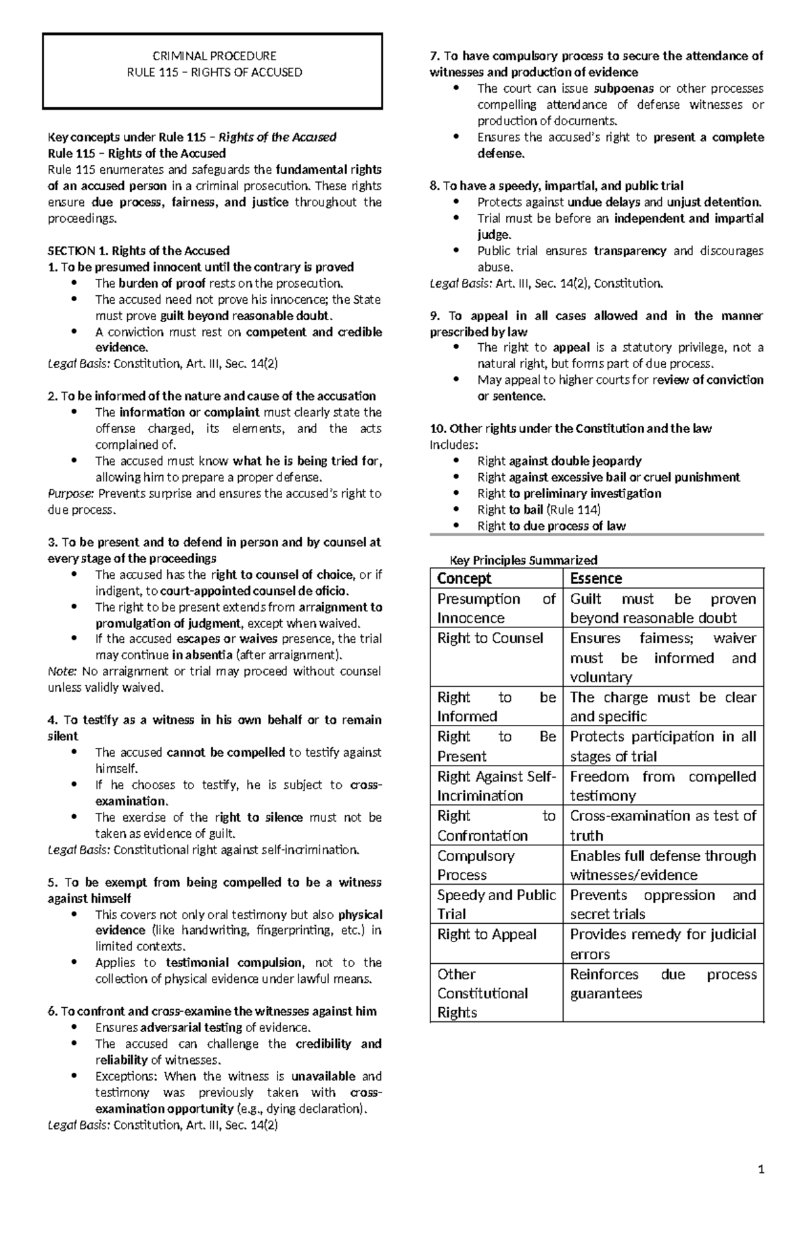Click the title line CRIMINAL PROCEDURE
coord(215,56)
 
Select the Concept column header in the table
coord(464,578)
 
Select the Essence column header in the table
coord(595,578)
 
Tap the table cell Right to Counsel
coord(490,638)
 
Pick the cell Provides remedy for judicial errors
coord(662,944)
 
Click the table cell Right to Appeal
coord(487,934)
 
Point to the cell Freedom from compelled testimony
coord(662,785)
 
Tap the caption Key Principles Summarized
coord(524,560)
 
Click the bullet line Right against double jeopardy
coord(559,461)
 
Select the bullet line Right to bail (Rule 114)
coord(539,510)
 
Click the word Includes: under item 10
coord(453,445)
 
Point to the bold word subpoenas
coord(623,89)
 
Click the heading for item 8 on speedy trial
coord(556,185)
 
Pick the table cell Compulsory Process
coord(476,864)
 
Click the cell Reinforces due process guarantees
coord(662,983)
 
